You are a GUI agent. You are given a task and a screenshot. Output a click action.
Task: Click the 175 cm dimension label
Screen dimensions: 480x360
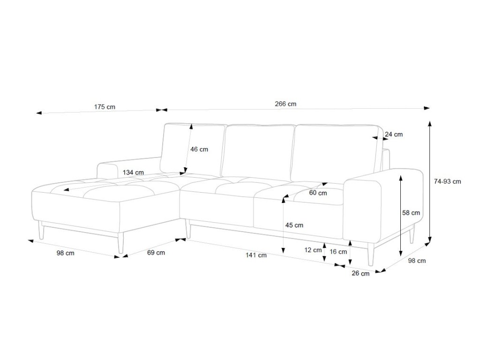(105, 107)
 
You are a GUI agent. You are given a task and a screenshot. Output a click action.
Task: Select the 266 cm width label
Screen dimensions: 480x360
(285, 104)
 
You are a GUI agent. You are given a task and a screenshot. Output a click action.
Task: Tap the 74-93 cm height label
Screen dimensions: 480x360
(448, 181)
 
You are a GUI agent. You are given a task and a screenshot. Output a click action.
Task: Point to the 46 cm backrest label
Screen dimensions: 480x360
(199, 150)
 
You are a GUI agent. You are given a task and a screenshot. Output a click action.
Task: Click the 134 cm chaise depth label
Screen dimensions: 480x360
(133, 172)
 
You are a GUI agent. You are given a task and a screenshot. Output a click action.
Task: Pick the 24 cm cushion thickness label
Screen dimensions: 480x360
(393, 135)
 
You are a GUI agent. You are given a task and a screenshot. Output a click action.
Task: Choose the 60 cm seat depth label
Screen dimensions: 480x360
(318, 193)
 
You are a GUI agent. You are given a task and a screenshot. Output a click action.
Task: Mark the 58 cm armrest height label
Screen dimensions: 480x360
(411, 213)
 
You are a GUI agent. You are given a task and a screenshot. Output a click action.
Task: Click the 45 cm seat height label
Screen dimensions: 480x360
(294, 225)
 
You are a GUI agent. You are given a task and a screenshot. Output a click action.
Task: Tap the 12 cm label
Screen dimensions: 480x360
(313, 250)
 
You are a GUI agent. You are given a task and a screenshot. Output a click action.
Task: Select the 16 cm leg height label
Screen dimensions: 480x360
(338, 252)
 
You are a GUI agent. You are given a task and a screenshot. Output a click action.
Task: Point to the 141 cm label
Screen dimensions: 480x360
(256, 255)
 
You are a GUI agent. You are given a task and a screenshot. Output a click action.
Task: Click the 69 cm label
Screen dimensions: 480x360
(156, 253)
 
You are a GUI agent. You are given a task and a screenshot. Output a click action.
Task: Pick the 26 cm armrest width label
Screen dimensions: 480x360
(360, 273)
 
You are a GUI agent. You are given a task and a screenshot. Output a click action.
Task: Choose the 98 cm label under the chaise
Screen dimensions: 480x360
(66, 253)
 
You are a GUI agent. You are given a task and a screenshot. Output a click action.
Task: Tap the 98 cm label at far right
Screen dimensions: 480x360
(417, 261)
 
